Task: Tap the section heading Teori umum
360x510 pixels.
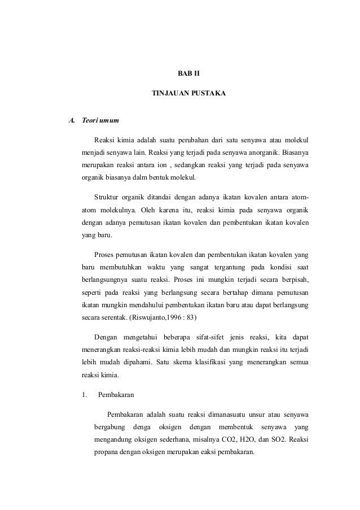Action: click(x=100, y=120)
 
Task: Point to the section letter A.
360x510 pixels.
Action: click(x=72, y=120)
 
